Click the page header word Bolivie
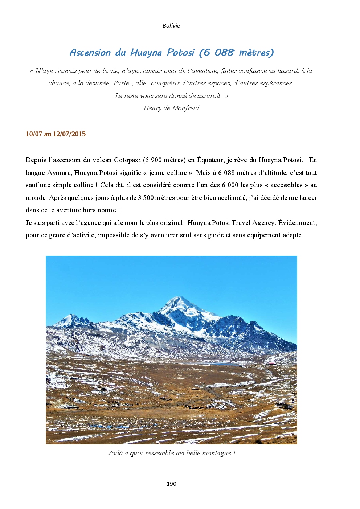[171, 25]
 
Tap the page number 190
[171, 484]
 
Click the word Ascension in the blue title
[90, 53]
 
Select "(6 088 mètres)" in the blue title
[236, 53]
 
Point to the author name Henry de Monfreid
[171, 108]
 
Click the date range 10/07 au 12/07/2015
[56, 134]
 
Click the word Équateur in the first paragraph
[210, 160]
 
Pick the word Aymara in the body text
[59, 173]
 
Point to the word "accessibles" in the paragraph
[286, 185]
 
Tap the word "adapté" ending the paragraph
[292, 235]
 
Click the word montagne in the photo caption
[217, 453]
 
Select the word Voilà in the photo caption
[115, 453]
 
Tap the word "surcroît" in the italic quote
[209, 96]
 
